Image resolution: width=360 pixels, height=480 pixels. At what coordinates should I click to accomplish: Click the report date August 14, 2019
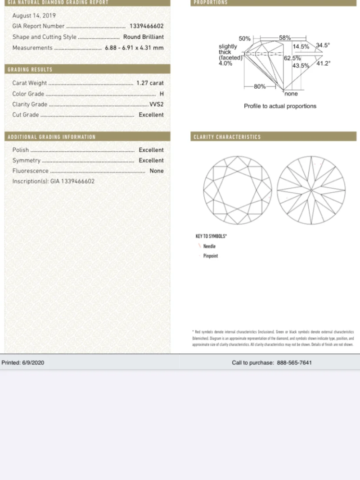pyautogui.click(x=34, y=16)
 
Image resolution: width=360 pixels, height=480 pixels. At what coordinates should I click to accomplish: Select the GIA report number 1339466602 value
pyautogui.click(x=146, y=26)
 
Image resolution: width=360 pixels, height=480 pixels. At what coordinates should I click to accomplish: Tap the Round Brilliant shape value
pyautogui.click(x=144, y=37)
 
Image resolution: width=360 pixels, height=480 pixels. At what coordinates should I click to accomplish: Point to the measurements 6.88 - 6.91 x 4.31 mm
pyautogui.click(x=134, y=48)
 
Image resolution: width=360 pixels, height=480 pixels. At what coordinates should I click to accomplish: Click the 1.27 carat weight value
pyautogui.click(x=150, y=83)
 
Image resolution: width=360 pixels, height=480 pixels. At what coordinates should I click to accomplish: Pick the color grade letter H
pyautogui.click(x=162, y=94)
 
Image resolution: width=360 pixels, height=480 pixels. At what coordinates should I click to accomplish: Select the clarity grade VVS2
pyautogui.click(x=156, y=104)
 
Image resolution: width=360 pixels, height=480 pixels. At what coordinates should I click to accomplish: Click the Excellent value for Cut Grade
pyautogui.click(x=151, y=115)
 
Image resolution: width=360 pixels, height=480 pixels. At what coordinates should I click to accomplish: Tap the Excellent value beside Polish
pyautogui.click(x=151, y=150)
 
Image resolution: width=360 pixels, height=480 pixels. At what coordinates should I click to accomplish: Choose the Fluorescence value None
pyautogui.click(x=157, y=171)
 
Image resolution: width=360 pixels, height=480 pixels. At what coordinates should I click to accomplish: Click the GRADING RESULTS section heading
pyautogui.click(x=30, y=70)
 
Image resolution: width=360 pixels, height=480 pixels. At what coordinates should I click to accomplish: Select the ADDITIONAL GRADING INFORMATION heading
pyautogui.click(x=52, y=137)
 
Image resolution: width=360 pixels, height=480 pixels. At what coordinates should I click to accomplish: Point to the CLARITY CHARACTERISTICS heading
pyautogui.click(x=227, y=137)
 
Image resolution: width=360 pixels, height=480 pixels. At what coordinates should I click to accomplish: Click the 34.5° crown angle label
pyautogui.click(x=323, y=45)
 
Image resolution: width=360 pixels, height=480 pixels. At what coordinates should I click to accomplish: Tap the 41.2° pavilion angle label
pyautogui.click(x=323, y=63)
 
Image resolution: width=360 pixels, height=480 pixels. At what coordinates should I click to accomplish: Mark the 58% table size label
pyautogui.click(x=285, y=38)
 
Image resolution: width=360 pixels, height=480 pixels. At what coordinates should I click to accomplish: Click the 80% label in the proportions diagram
pyautogui.click(x=260, y=86)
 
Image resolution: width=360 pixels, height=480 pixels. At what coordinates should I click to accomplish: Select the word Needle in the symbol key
pyautogui.click(x=209, y=246)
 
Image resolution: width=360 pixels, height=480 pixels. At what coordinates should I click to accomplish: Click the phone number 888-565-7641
pyautogui.click(x=294, y=363)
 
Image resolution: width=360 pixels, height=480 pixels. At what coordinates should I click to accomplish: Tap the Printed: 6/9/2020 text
pyautogui.click(x=23, y=363)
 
